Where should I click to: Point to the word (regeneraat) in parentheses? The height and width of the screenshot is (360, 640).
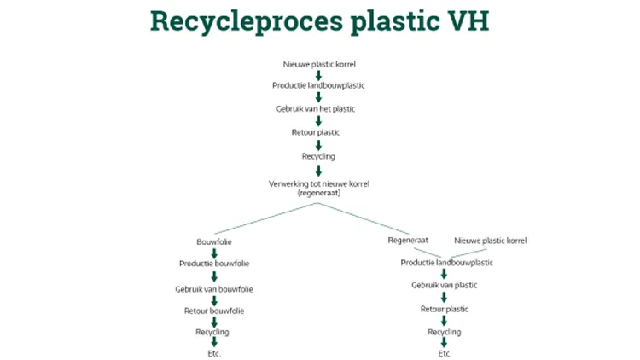click(318, 193)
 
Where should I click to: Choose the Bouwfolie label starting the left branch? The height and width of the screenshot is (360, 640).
click(214, 242)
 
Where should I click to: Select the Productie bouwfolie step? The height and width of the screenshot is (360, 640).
click(214, 264)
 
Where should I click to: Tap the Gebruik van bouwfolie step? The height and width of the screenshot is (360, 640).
click(214, 288)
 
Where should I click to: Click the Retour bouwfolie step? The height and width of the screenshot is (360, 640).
click(214, 311)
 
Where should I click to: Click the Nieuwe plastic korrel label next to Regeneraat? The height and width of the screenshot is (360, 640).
click(490, 241)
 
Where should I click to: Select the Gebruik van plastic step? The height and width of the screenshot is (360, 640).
click(444, 285)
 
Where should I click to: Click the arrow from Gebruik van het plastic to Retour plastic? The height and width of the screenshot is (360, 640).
click(318, 121)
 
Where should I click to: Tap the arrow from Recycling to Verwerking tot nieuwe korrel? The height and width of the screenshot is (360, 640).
click(318, 170)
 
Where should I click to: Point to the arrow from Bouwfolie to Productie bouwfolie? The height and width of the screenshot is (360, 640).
click(214, 253)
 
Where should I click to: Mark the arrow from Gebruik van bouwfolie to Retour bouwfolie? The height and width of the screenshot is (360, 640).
click(214, 300)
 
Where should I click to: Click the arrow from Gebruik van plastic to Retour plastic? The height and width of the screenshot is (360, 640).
click(444, 297)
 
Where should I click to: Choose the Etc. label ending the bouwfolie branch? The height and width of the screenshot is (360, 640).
click(213, 353)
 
